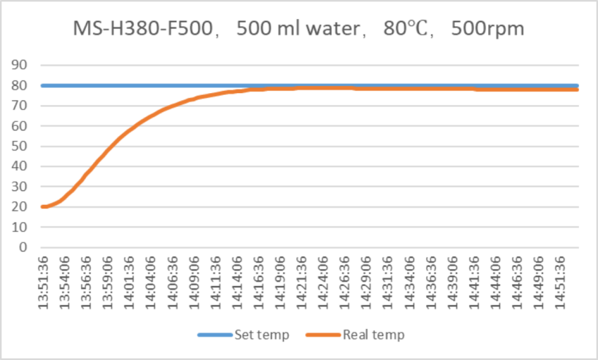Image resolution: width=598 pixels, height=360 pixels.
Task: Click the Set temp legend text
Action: tap(261, 335)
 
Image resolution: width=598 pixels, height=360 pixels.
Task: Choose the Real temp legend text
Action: tap(373, 335)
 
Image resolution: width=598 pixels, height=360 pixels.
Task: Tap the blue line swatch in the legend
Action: tap(214, 335)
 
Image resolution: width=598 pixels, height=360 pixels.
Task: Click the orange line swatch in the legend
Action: tap(324, 335)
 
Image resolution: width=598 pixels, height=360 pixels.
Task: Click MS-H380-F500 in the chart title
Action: tap(144, 29)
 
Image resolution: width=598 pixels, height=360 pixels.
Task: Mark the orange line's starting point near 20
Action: tap(44, 206)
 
